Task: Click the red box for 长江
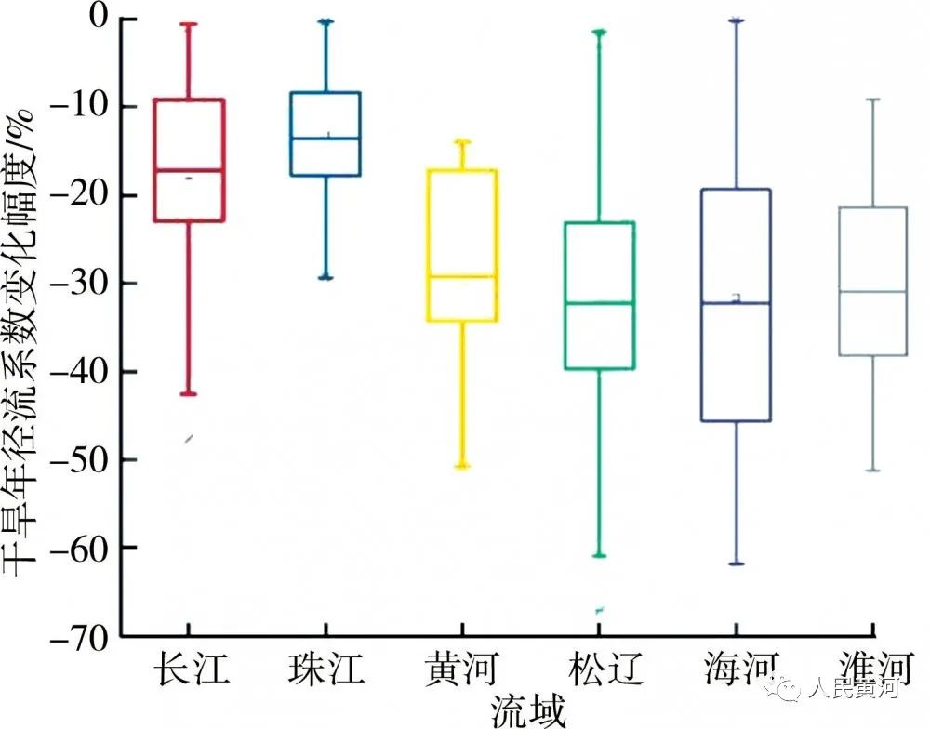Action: pos(189,160)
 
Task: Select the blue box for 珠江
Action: pos(325,134)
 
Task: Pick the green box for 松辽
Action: pos(599,296)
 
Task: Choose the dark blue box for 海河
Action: pos(737,305)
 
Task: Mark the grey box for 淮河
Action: pos(871,281)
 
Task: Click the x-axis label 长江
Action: pos(190,669)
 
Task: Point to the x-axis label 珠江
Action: pos(325,669)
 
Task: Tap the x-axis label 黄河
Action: pos(461,669)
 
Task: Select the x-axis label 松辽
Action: pos(599,669)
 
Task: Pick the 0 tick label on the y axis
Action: pos(100,18)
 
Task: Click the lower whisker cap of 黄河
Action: pos(461,466)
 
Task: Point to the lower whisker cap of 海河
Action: pos(737,563)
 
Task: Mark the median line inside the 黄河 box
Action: pos(461,276)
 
